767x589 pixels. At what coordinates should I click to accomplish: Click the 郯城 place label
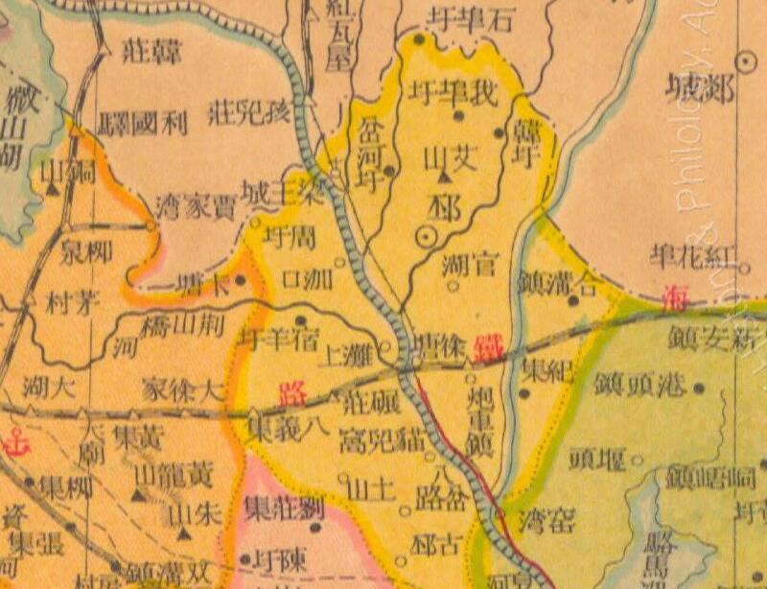click(x=700, y=92)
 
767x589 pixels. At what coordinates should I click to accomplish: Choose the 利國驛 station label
click(x=144, y=123)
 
